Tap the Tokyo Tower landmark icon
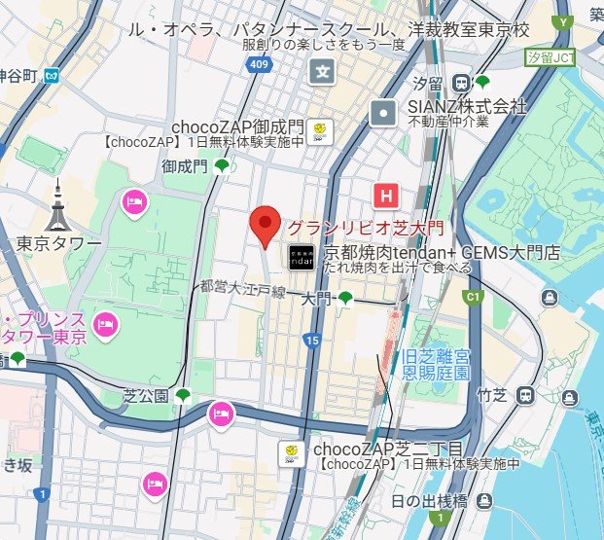click(x=60, y=205)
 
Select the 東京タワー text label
click(x=58, y=241)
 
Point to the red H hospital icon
click(x=386, y=196)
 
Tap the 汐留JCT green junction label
click(x=550, y=58)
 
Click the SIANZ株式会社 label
click(x=467, y=105)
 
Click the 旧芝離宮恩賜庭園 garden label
click(x=436, y=366)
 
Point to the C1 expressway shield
click(x=475, y=296)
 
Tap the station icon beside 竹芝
click(x=526, y=395)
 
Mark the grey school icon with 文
click(x=323, y=71)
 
